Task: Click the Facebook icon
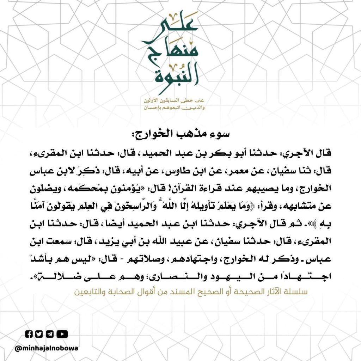point(29,334)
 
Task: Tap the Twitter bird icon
point(39,334)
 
